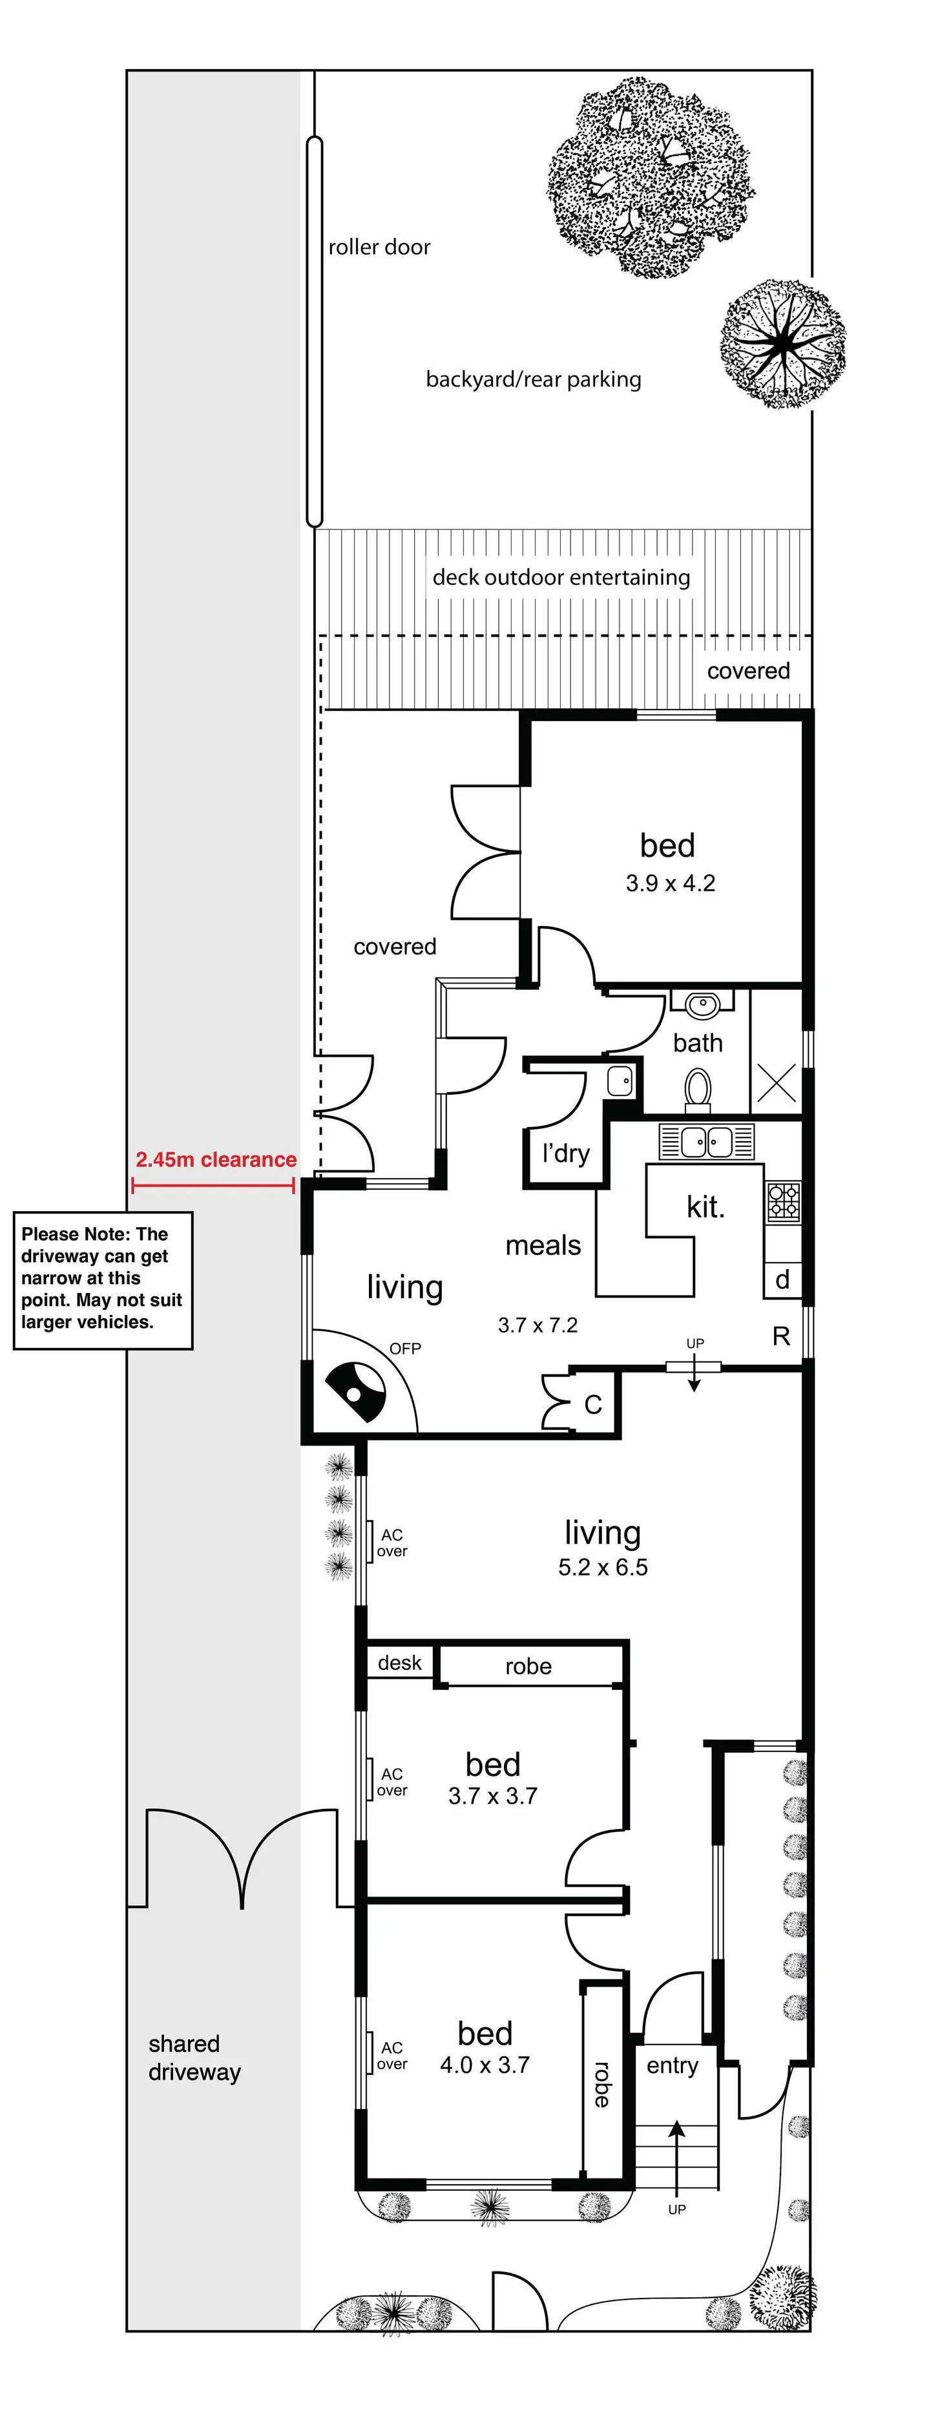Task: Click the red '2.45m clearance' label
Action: (x=216, y=1160)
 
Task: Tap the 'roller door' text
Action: (x=379, y=248)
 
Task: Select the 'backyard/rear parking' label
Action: (x=533, y=379)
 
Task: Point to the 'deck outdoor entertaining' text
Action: (x=561, y=577)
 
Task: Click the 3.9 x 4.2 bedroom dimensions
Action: (x=670, y=883)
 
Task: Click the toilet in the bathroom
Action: (x=698, y=1090)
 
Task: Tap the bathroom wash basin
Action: (x=702, y=1005)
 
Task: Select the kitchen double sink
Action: (x=706, y=1142)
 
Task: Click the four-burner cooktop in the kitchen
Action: (x=783, y=1202)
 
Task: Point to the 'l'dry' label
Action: (x=566, y=1153)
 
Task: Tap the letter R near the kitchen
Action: (x=780, y=1336)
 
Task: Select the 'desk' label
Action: (x=400, y=1663)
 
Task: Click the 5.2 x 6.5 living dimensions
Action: (x=603, y=1567)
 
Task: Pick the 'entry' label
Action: (x=672, y=2065)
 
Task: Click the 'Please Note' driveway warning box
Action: (x=102, y=1279)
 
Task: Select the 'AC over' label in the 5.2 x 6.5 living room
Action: (x=392, y=1543)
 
